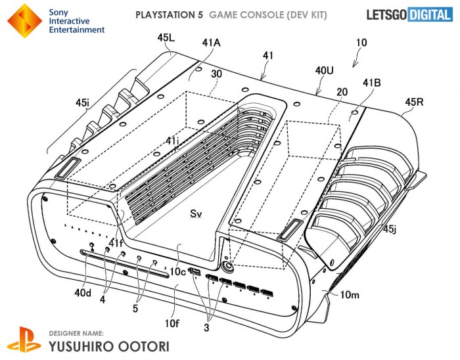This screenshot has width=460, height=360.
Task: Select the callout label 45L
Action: tap(166, 38)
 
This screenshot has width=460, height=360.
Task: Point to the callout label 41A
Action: tap(211, 43)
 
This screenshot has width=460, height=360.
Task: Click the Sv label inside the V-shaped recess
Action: tap(196, 214)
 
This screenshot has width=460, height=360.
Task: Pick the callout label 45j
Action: tap(390, 229)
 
